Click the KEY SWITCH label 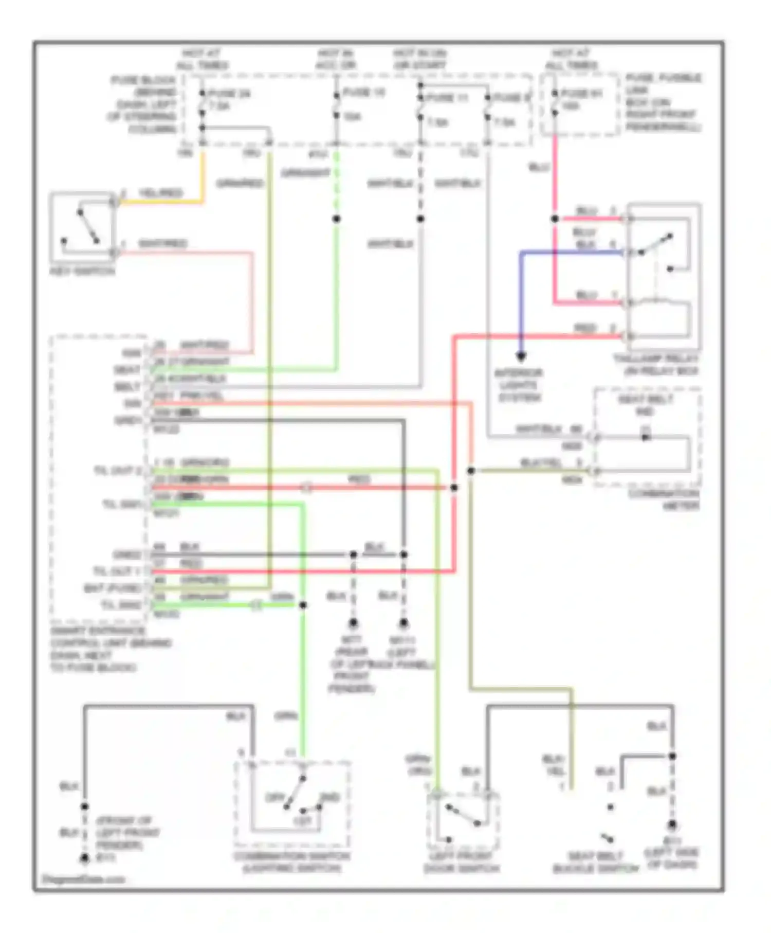(x=82, y=271)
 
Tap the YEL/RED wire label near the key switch (x=160, y=193)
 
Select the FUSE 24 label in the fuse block (x=229, y=94)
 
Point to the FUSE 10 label (x=364, y=93)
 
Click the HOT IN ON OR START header (x=420, y=59)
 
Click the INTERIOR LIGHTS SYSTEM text (x=519, y=385)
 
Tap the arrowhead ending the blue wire (x=521, y=355)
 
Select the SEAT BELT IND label (x=645, y=405)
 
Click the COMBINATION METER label (x=664, y=500)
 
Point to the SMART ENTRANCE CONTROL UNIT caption (x=111, y=649)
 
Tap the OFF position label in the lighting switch (x=275, y=798)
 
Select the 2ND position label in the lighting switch (x=329, y=798)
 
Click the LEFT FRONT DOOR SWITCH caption (x=461, y=862)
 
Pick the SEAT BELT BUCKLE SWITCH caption (x=595, y=863)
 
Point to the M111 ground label (x=402, y=641)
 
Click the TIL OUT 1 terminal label (x=117, y=571)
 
